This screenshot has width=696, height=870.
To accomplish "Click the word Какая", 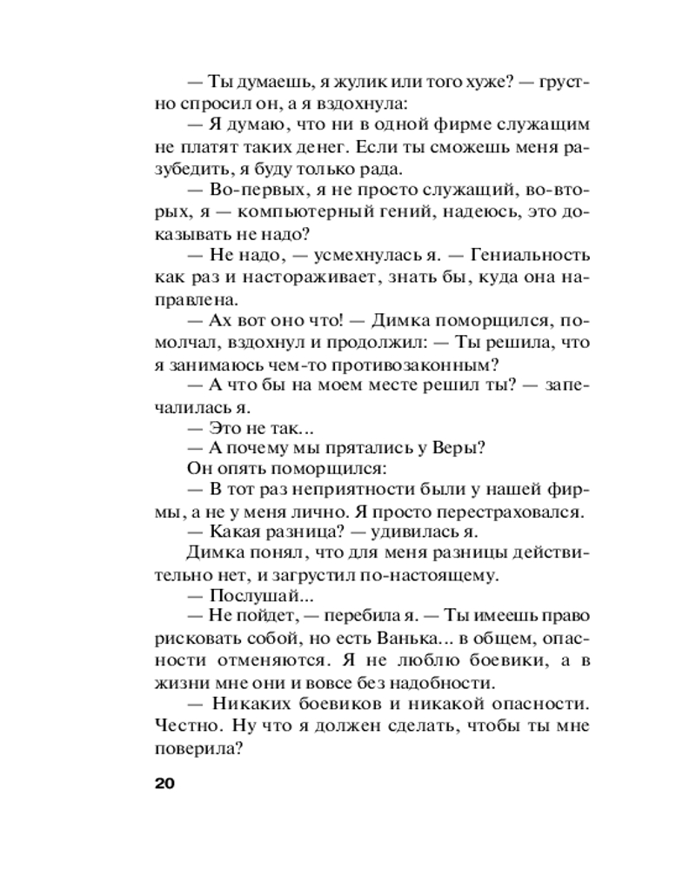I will pyautogui.click(x=235, y=533).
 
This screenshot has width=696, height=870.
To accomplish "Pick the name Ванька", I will pyautogui.click(x=406, y=642).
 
